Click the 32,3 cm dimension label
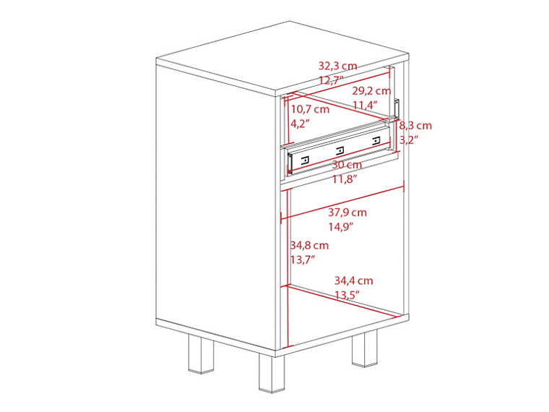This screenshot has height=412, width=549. click(x=337, y=66)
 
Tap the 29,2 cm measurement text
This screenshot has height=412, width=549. click(x=371, y=91)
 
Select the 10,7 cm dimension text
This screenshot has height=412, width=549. click(x=309, y=110)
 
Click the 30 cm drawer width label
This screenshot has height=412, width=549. click(x=347, y=165)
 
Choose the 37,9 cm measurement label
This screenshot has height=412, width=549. click(x=347, y=213)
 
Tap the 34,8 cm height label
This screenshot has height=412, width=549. click(x=309, y=245)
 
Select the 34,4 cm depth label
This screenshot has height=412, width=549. click(x=353, y=280)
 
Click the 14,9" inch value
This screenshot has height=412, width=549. click(x=340, y=227)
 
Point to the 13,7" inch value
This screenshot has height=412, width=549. click(x=303, y=259)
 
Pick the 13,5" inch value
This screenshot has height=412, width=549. click(x=347, y=295)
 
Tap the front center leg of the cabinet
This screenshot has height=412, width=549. click(x=272, y=373)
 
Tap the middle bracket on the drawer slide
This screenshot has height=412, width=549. click(x=339, y=150)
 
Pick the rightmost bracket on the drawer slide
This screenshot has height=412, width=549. click(x=376, y=141)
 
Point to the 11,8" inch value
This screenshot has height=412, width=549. click(x=345, y=179)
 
